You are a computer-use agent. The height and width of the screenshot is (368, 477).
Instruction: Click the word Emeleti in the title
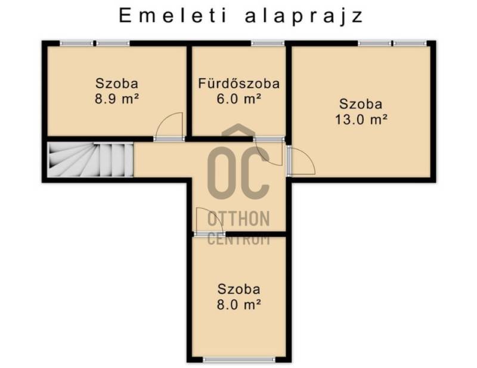(x=173, y=15)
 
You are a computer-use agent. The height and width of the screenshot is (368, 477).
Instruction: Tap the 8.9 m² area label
(x=117, y=98)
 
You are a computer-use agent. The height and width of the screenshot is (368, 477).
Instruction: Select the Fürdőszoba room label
(x=239, y=83)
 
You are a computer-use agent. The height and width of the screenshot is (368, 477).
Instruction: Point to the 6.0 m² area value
(x=239, y=98)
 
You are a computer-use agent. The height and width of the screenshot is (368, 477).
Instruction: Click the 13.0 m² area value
(x=361, y=119)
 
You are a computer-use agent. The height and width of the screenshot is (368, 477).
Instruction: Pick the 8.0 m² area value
(x=239, y=304)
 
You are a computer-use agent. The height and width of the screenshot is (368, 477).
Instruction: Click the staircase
(x=91, y=160)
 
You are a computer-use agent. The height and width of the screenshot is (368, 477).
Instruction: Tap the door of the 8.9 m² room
(x=169, y=127)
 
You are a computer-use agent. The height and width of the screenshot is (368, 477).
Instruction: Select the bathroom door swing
(x=269, y=151)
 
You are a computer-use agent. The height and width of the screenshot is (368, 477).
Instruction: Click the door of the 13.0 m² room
(x=301, y=160)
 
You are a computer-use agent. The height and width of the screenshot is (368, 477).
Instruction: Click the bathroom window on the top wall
(x=267, y=43)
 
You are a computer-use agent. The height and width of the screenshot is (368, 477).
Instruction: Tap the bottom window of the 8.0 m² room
(x=239, y=360)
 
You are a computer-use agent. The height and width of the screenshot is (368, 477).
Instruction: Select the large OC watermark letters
(x=238, y=173)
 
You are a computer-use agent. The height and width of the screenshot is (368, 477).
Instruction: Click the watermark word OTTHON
(x=238, y=219)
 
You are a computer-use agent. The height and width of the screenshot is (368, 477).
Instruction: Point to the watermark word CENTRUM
(x=238, y=239)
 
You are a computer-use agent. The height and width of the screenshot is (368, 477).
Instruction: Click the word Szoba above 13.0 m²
(x=361, y=104)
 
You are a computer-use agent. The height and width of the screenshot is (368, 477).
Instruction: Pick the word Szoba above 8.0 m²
(x=239, y=289)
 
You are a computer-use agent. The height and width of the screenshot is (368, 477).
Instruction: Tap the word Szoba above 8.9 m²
(x=117, y=83)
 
